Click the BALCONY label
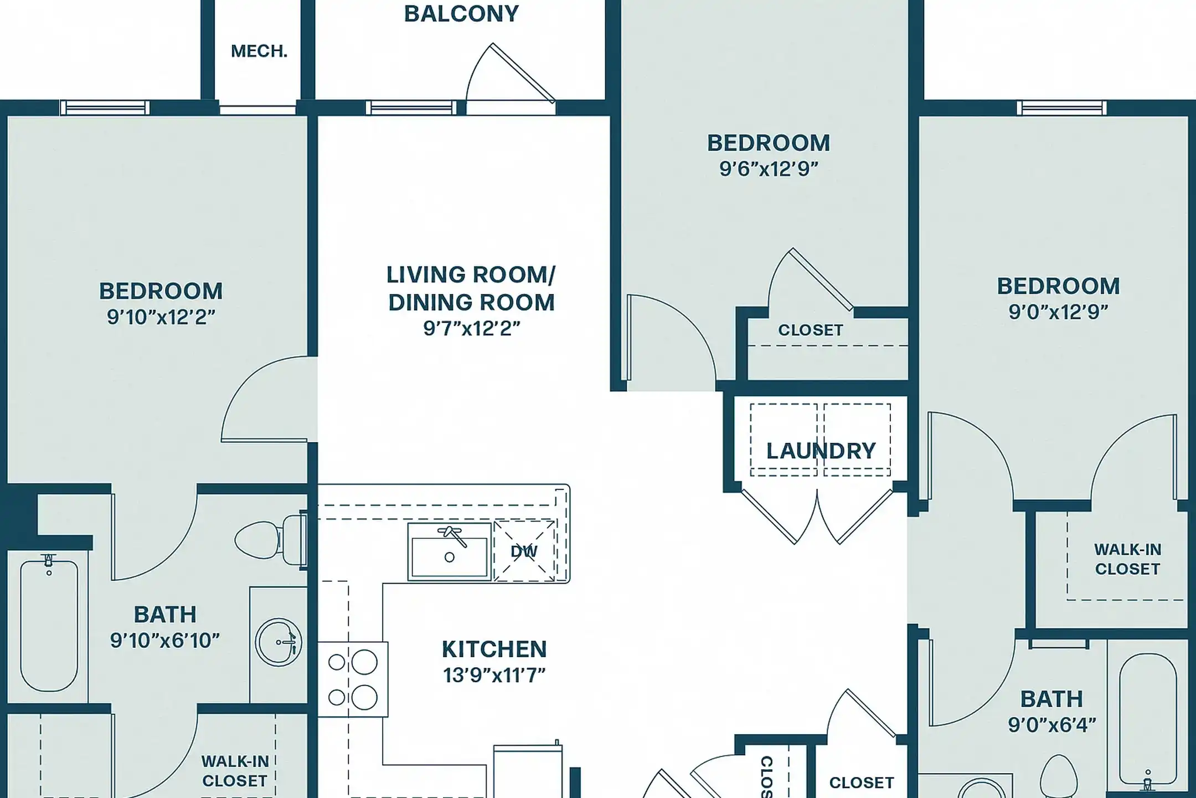tap(461, 14)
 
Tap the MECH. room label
tap(259, 52)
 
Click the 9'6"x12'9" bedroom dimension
tap(769, 169)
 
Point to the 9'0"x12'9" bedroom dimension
tap(1058, 313)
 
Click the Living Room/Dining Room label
tap(471, 289)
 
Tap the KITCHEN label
tap(494, 649)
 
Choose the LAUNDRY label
tap(821, 451)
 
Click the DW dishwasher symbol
tap(524, 551)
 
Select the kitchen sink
tap(450, 551)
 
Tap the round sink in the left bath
tap(279, 642)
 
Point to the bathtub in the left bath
tap(49, 623)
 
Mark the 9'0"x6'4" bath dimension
tap(1051, 725)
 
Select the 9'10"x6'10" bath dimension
tap(165, 641)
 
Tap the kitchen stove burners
tap(352, 679)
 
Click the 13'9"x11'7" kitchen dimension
tap(494, 676)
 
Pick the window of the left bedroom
tap(105, 108)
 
